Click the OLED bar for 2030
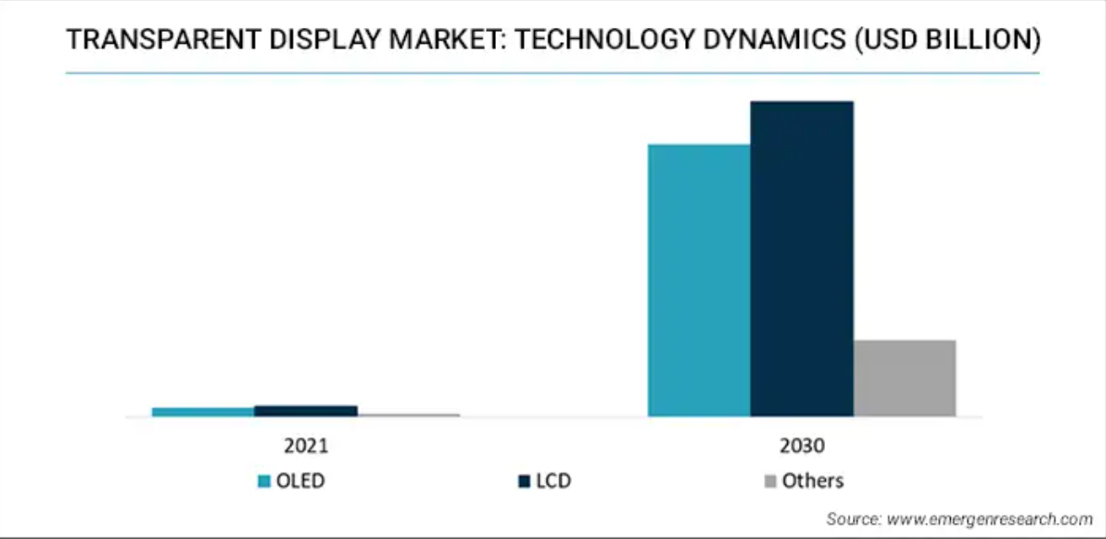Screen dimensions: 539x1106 click(699, 280)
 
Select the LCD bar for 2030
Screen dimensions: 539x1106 click(801, 258)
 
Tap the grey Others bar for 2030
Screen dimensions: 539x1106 click(904, 378)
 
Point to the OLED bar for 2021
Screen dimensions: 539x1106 click(202, 412)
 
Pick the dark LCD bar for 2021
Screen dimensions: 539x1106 click(305, 411)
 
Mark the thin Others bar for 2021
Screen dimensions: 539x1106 click(408, 415)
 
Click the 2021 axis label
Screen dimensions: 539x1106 click(305, 445)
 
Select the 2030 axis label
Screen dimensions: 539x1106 click(801, 445)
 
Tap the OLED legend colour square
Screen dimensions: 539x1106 click(264, 482)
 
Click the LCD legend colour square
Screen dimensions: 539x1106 click(523, 482)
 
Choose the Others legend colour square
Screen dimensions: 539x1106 click(769, 482)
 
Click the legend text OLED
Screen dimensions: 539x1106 click(300, 482)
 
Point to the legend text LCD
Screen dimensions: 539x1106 click(553, 482)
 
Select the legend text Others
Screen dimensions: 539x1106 click(812, 482)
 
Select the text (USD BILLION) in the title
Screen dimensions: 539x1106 click(947, 40)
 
